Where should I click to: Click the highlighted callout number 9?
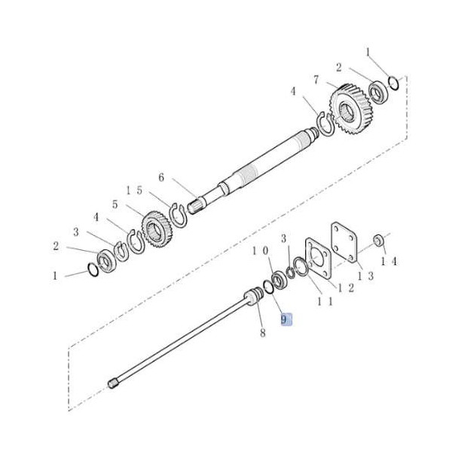click(284, 319)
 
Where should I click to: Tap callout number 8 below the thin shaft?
click(263, 333)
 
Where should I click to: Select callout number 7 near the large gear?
click(316, 80)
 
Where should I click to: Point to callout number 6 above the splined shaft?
click(161, 177)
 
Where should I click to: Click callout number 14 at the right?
click(389, 261)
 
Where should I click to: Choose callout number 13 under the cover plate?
click(365, 276)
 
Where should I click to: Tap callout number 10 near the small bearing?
click(261, 251)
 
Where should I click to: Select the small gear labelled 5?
click(157, 229)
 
